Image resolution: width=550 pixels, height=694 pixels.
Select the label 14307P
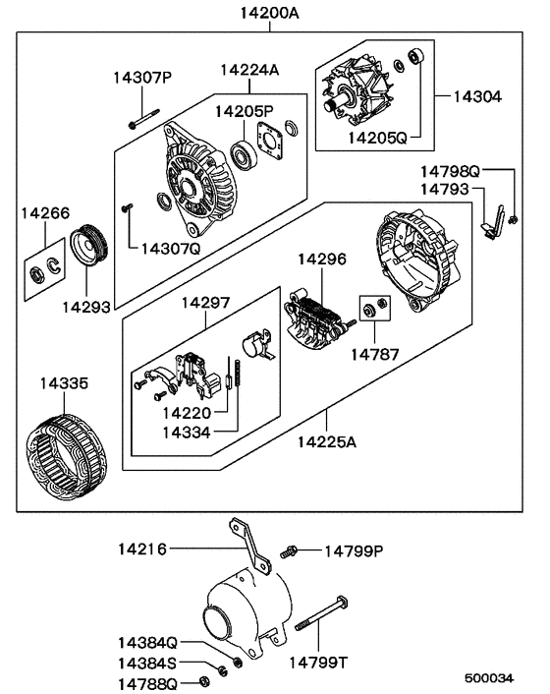pos(141,77)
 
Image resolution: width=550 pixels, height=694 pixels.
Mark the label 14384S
pos(148,664)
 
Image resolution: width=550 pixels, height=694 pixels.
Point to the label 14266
pos(46,211)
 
